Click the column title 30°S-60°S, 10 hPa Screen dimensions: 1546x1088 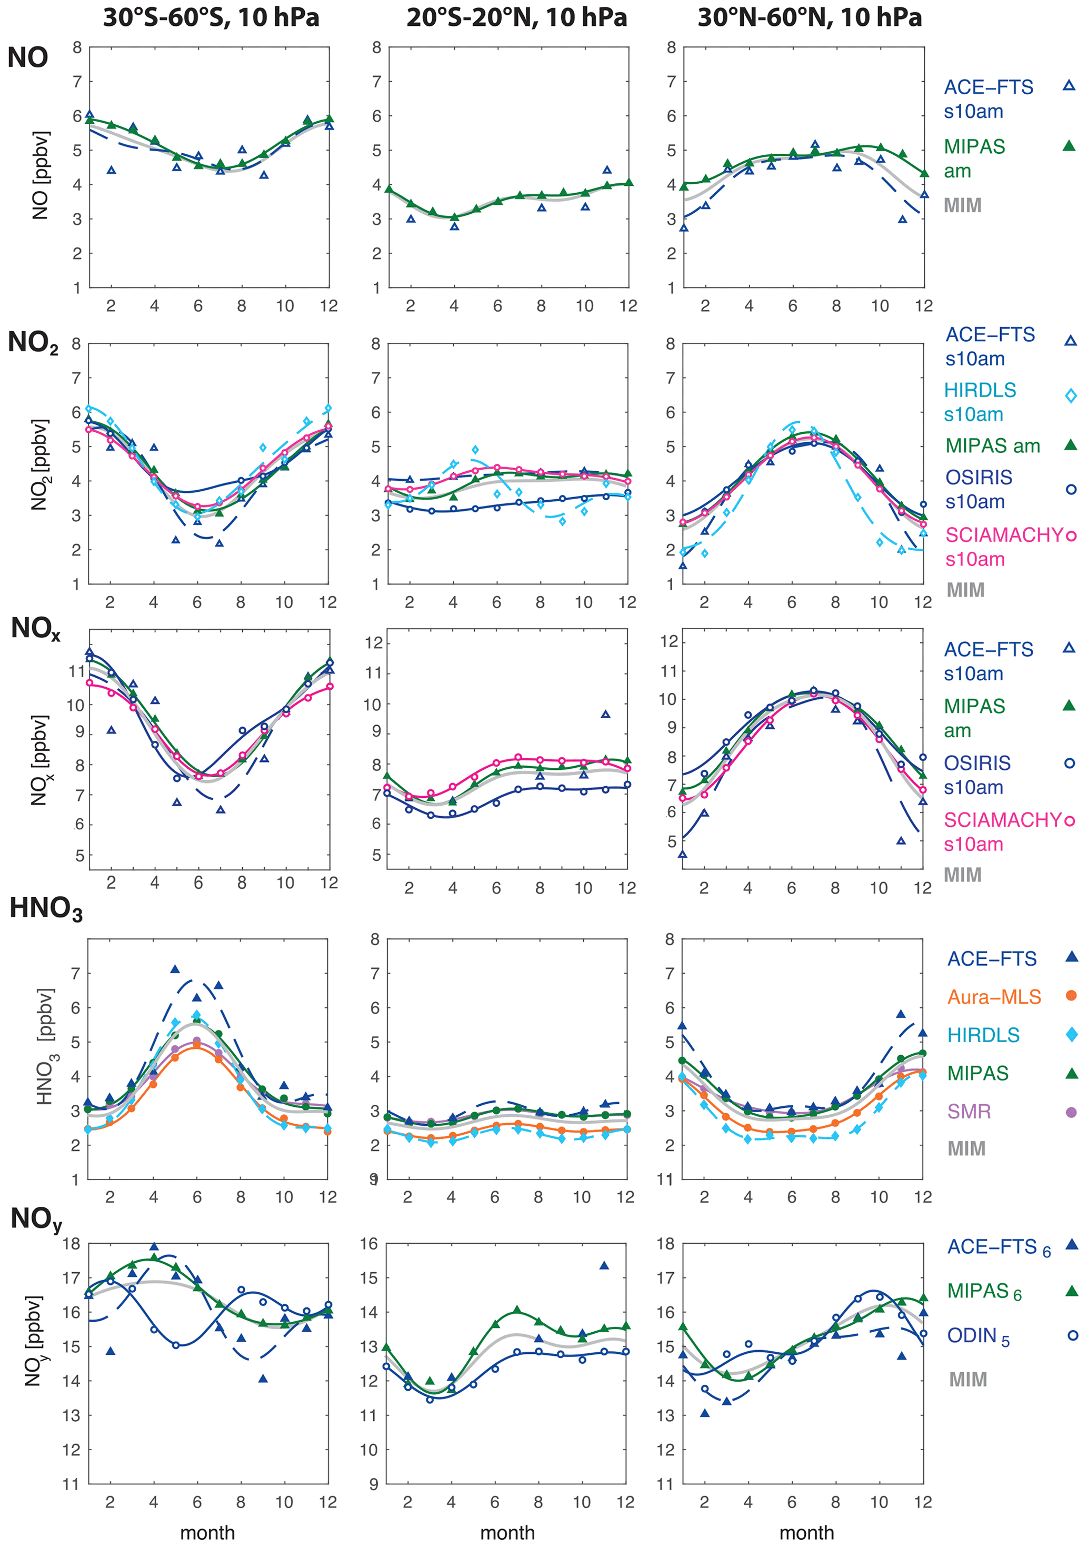click(211, 17)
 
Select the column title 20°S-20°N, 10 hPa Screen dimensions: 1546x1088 click(516, 17)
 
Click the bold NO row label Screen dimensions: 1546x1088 click(27, 58)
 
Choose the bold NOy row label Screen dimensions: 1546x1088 click(36, 1220)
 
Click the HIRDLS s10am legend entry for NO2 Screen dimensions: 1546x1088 click(980, 402)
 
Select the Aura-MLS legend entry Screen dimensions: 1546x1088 click(994, 997)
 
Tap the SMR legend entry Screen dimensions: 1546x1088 click(969, 1112)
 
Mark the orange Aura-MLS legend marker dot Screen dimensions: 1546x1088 click(1071, 996)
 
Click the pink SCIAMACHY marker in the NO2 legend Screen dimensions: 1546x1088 click(1071, 536)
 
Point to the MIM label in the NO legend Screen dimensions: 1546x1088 click(962, 205)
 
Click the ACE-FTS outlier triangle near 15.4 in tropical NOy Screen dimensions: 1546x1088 click(604, 1266)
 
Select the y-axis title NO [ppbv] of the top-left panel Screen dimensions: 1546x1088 click(41, 175)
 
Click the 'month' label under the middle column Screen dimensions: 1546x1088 click(507, 1532)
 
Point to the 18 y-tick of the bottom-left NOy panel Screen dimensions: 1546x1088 click(72, 1244)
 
